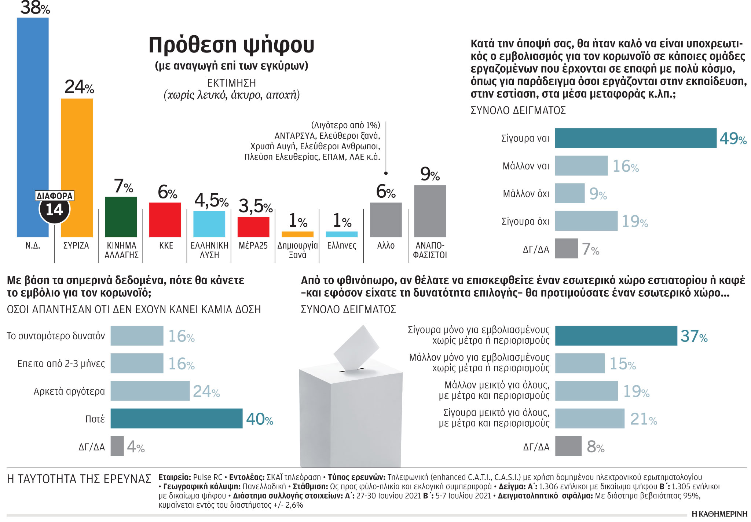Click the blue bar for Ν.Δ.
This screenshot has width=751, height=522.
click(32, 110)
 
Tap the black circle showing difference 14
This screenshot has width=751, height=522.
click(54, 210)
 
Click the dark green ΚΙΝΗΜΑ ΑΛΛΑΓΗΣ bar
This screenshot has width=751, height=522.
click(121, 217)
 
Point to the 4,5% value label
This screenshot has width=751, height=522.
click(211, 201)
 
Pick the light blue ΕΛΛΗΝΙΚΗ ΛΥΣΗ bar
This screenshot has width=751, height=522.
click(209, 224)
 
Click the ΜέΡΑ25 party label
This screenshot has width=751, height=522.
click(253, 245)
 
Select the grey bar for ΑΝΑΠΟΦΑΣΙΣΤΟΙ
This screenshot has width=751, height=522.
click(430, 211)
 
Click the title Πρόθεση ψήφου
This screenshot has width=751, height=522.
click(231, 45)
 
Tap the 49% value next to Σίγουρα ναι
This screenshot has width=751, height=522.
click(733, 139)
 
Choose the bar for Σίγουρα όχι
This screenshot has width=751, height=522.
click(586, 221)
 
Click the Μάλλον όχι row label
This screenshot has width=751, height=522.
click(526, 194)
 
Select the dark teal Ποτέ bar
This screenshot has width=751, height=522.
click(176, 418)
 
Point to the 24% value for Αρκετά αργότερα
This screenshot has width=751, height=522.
click(206, 391)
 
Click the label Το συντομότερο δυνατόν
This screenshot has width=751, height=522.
click(56, 336)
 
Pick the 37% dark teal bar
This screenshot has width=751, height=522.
click(616, 336)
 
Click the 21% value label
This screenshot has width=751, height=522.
click(643, 419)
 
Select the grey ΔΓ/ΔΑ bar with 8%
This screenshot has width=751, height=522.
click(568, 446)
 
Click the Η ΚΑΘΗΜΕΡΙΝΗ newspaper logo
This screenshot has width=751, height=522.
click(719, 514)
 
